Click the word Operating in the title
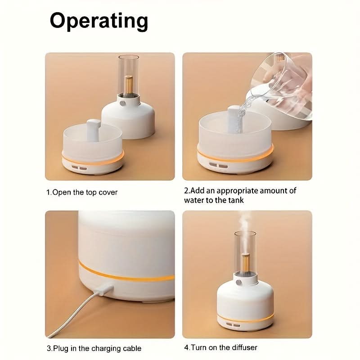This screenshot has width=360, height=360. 99,21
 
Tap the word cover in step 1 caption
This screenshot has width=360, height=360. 108,192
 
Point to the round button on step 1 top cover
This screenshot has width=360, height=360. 122,103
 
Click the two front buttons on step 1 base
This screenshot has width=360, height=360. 79,168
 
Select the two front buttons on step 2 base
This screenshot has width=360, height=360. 218,165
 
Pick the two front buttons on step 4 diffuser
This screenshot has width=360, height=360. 233,325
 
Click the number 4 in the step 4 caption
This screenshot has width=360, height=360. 186,347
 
